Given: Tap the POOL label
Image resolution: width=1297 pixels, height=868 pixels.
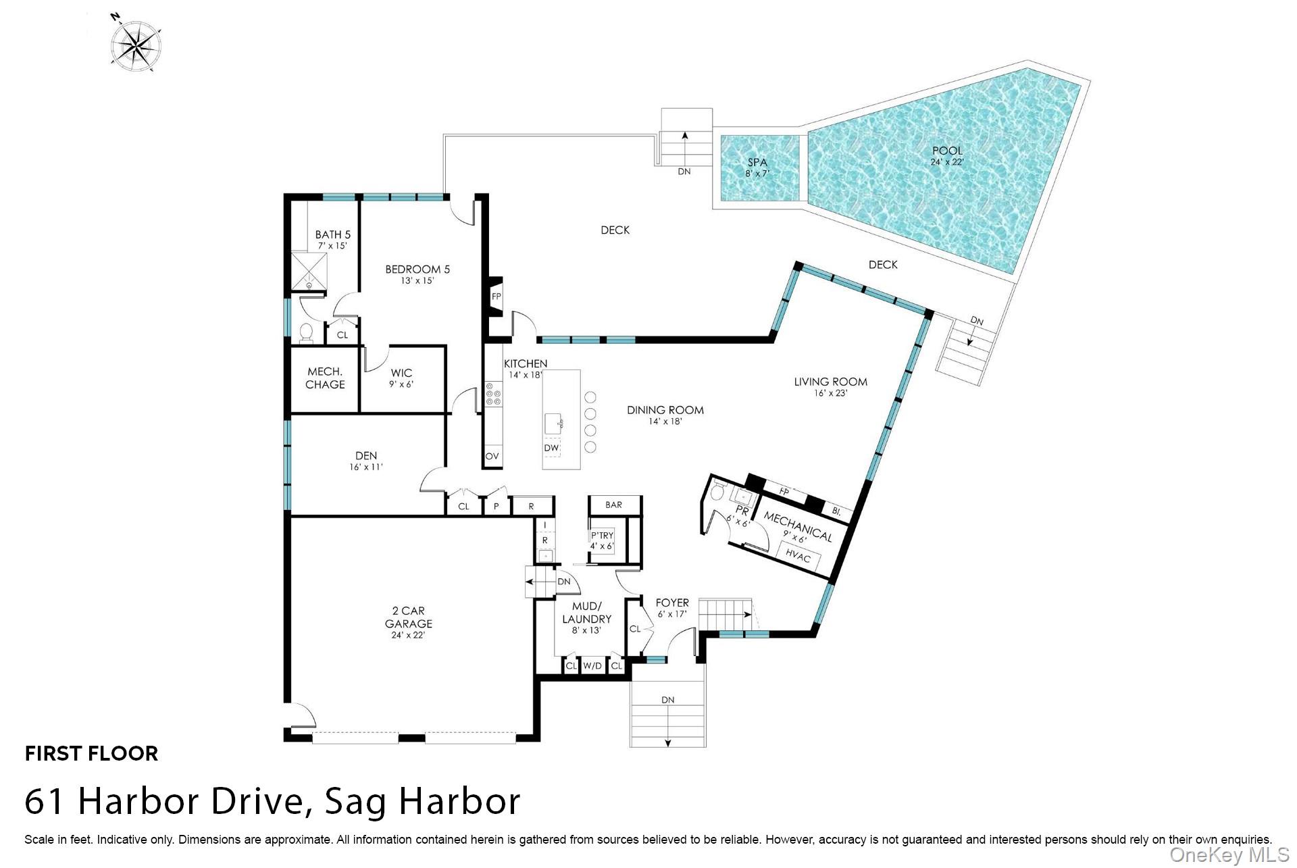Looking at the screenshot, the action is coord(947,151).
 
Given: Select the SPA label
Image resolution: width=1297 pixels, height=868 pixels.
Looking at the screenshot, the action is coord(757,162).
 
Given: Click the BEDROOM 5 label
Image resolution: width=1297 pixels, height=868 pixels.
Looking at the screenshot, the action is coord(417,269).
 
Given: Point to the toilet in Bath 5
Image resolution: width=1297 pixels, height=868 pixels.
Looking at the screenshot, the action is coord(306,333).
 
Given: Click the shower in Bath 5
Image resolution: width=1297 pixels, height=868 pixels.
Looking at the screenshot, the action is coord(309,272).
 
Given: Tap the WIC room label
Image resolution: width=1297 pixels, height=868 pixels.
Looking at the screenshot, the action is coord(401,373).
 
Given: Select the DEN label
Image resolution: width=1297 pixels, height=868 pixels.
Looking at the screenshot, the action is coord(366,455).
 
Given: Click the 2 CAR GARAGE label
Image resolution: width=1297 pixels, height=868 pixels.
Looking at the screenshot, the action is coord(409,617).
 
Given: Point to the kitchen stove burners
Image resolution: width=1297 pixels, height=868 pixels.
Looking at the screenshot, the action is coord(493,394).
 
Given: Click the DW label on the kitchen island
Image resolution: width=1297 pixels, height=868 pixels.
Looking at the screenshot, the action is coord(552,448).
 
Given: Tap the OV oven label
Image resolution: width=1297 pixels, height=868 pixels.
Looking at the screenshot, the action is coord(492,457).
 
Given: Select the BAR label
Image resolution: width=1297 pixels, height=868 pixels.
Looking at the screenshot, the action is coord(614,505).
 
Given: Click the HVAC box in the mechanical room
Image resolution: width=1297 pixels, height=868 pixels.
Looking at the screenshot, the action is coord(798,557).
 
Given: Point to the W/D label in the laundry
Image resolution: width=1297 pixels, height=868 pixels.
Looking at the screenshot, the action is coord(592,666).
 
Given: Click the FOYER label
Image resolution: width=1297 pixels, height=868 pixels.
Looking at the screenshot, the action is coord(672,603).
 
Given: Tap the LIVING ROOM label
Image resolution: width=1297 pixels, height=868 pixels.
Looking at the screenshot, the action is coord(830,382).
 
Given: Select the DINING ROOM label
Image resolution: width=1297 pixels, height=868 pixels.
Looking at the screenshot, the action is coord(665,410).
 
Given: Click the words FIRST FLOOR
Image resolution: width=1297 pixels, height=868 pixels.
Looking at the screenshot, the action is coord(91,753).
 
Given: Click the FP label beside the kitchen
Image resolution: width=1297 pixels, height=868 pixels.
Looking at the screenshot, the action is coord(497,297).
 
